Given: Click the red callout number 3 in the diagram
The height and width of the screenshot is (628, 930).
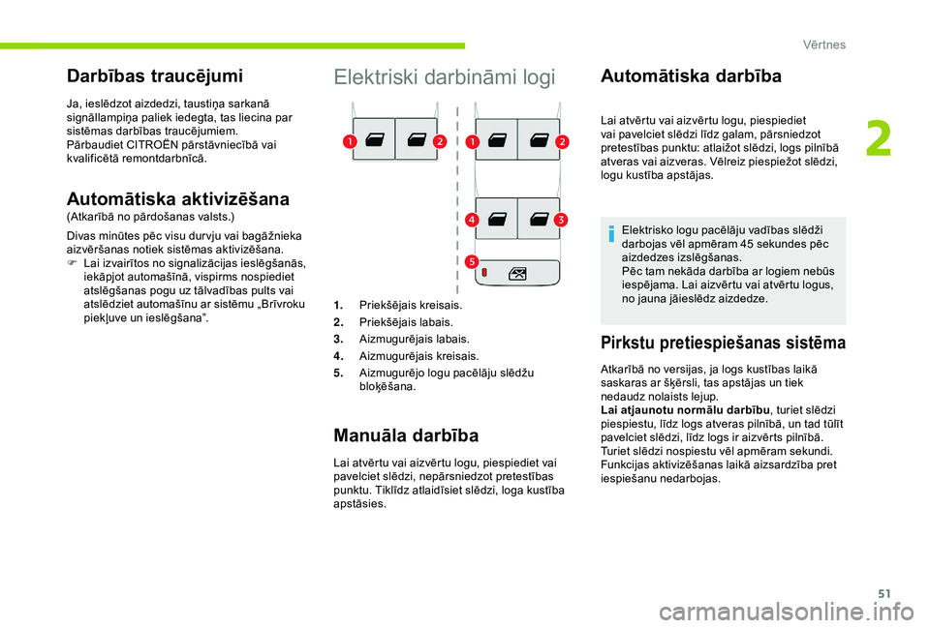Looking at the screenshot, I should [x=561, y=221].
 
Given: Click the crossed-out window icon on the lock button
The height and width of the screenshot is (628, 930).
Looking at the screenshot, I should [x=517, y=273].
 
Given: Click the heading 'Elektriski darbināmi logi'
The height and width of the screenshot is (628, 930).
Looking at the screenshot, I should [x=445, y=78].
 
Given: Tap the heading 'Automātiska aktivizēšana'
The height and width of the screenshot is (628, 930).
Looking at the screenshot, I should [x=177, y=198].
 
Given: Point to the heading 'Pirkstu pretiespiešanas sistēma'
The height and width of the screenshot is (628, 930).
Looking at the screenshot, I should [x=723, y=342].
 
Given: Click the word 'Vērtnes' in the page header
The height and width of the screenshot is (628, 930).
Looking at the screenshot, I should [x=823, y=45].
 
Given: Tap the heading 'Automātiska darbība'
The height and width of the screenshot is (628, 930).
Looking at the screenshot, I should [x=691, y=75].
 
